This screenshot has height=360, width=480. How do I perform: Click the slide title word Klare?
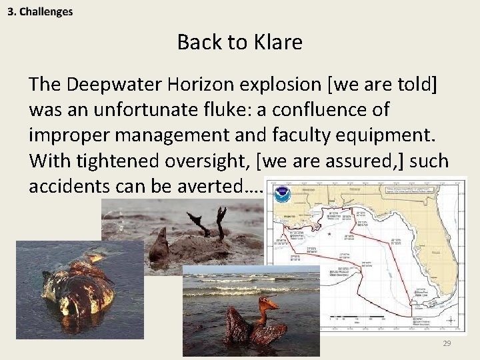pyautogui.click(x=278, y=43)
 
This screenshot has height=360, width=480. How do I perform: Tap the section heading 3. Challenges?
pyautogui.click(x=41, y=11)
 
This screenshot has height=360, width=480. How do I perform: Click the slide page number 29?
pyautogui.click(x=446, y=343)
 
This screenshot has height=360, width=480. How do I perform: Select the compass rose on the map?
pyautogui.click(x=450, y=319)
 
